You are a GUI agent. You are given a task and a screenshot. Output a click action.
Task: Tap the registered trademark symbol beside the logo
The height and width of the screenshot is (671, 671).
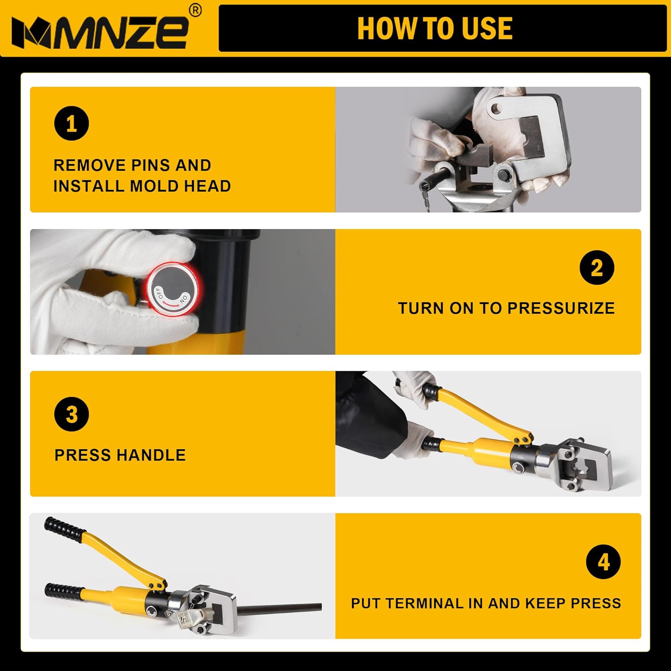[x=195, y=10]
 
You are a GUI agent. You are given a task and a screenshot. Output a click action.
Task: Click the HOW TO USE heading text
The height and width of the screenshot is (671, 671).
[x=435, y=29]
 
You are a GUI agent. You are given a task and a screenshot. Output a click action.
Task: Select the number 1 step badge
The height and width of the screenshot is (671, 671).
[x=72, y=123]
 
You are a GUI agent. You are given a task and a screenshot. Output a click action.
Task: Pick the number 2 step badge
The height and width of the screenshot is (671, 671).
[x=597, y=268]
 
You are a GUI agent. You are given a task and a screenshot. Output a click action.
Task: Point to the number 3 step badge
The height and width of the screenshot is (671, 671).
[x=72, y=414]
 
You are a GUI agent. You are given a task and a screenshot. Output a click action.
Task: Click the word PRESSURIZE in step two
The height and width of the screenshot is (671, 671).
[x=561, y=308]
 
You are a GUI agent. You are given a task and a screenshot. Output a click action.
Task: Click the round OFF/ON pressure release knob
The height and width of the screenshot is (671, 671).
[x=173, y=289]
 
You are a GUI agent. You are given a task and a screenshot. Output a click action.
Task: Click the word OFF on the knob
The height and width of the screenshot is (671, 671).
[x=160, y=293]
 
